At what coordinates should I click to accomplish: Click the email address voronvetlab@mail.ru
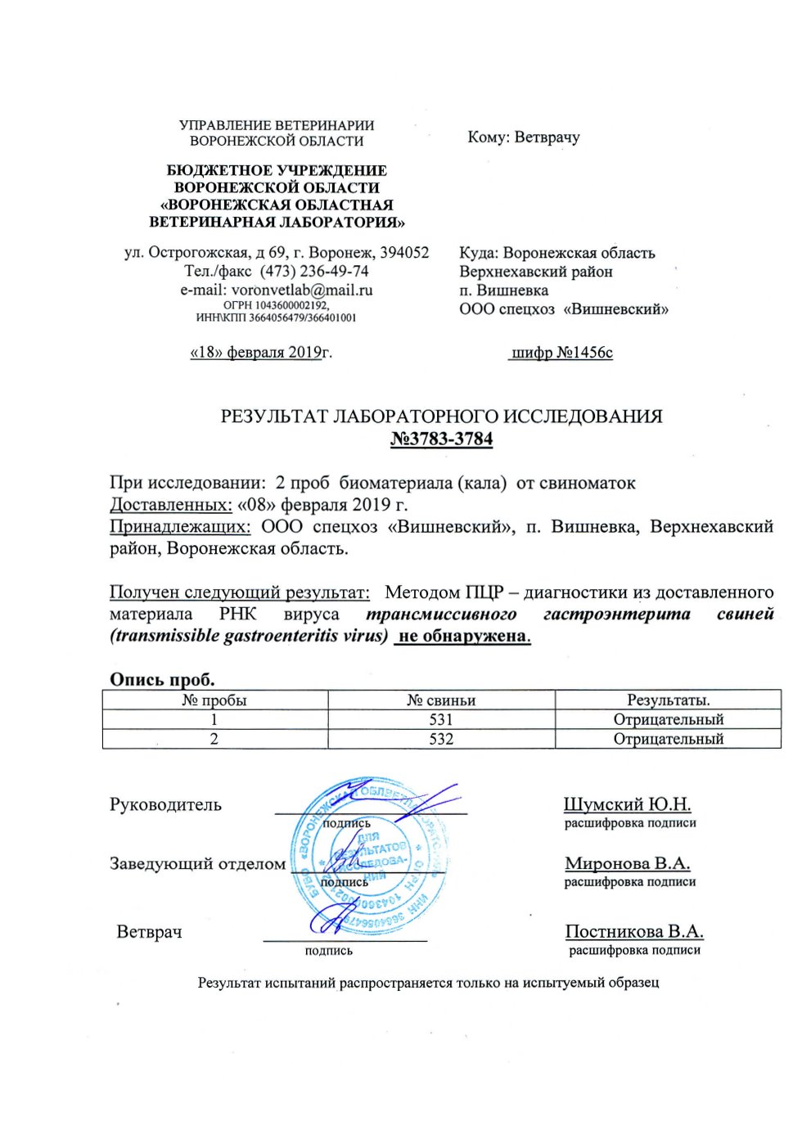coord(302,290)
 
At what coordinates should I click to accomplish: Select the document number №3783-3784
coord(441,439)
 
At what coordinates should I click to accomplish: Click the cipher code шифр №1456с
coord(561,353)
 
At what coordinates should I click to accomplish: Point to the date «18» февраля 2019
coord(255,353)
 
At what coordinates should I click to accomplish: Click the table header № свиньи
coord(441,700)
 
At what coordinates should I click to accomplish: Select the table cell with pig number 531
coord(441,720)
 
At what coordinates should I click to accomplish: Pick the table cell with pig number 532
coord(441,739)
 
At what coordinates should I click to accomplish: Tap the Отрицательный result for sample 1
coord(669,720)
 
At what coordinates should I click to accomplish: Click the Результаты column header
coord(669,700)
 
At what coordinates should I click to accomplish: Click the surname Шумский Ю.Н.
coord(627,804)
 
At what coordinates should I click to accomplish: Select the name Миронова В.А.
coord(627,863)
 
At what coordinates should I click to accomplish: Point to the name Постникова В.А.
coord(634,931)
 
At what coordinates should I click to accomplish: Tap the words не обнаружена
coord(462,637)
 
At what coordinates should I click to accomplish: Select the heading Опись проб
coord(162,679)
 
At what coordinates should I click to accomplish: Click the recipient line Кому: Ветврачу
coord(524,137)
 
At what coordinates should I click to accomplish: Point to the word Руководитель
coord(165,804)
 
